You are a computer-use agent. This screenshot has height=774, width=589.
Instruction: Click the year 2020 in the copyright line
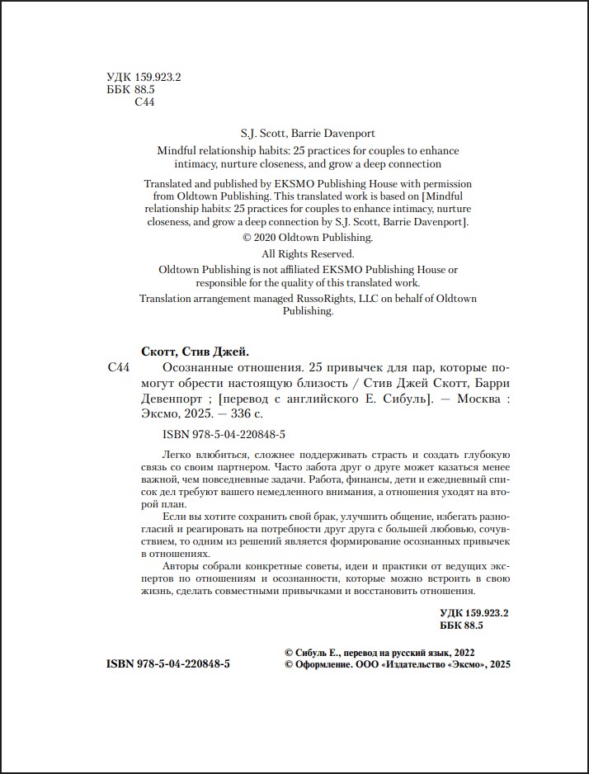[271, 238]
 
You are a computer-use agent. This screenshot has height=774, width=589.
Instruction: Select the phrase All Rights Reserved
[308, 254]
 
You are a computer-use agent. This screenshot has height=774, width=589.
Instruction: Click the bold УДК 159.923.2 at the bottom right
[475, 613]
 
